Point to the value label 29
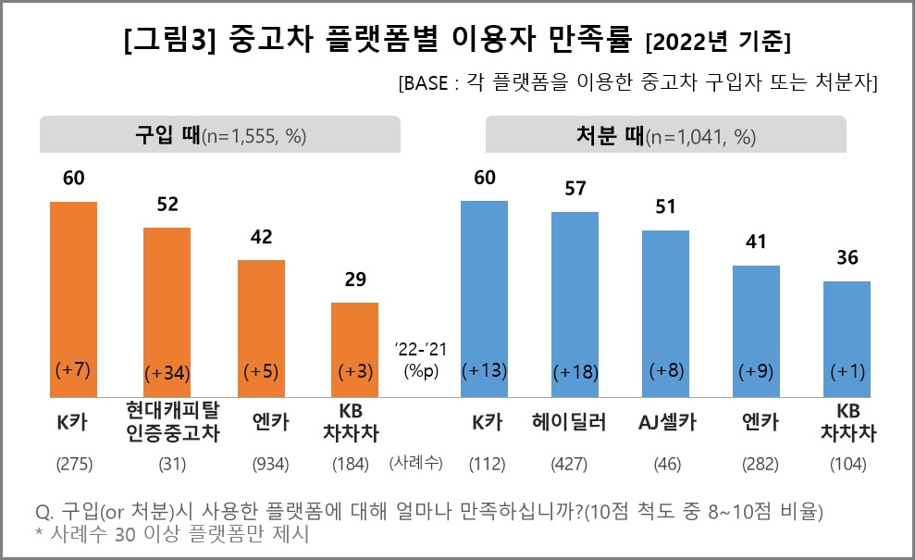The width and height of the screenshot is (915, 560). point(354,280)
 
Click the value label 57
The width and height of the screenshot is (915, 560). point(575,189)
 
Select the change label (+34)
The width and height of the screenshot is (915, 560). point(167,373)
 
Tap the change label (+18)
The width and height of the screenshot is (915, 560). point(575,373)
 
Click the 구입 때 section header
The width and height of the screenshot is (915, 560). point(219,135)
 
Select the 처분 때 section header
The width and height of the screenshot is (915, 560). point(666,135)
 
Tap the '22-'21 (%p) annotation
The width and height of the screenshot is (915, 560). point(418,359)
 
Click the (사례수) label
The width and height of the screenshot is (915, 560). point(418,461)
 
